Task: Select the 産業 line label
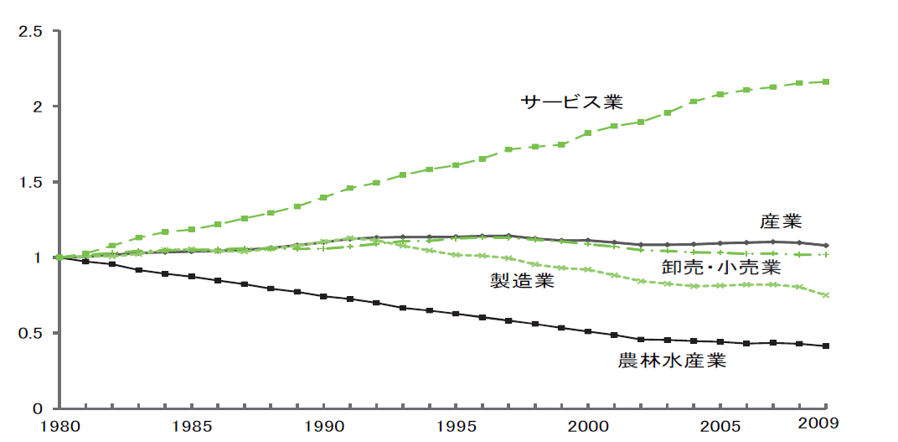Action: [x=781, y=222]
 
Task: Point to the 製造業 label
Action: [x=522, y=281]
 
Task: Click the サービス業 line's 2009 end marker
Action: [x=827, y=81]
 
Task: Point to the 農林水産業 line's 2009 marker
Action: [x=827, y=346]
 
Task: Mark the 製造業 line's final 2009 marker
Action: [x=827, y=295]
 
